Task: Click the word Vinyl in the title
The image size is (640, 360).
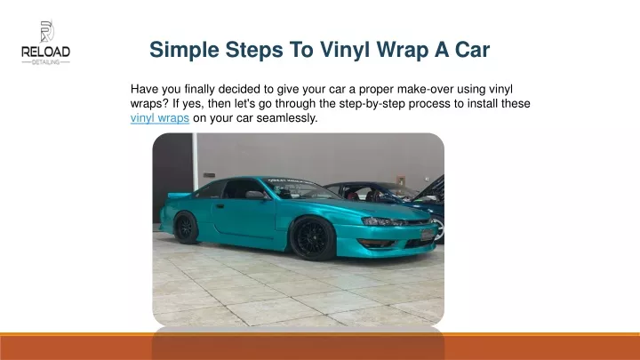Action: pyautogui.click(x=345, y=50)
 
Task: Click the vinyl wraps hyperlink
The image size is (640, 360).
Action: pyautogui.click(x=160, y=118)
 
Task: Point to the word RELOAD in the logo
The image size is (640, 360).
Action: pyautogui.click(x=45, y=52)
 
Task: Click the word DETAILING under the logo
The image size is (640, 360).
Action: pyautogui.click(x=45, y=62)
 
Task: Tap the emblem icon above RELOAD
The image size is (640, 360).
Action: pyautogui.click(x=46, y=31)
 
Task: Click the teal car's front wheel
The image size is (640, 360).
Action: pyautogui.click(x=311, y=239)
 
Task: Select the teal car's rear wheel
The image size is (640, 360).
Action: pyautogui.click(x=186, y=228)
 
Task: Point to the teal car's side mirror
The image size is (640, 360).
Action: pyautogui.click(x=255, y=195)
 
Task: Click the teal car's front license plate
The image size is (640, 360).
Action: pyautogui.click(x=427, y=235)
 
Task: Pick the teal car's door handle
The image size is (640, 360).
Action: pyautogui.click(x=220, y=206)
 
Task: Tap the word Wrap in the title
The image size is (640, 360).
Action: pyautogui.click(x=403, y=50)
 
